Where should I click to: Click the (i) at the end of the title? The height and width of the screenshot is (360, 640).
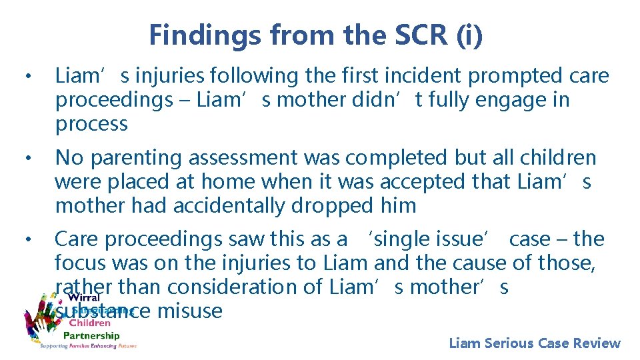[471, 35]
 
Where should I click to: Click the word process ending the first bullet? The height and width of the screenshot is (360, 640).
[91, 124]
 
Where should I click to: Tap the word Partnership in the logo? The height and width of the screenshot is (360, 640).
[91, 335]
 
